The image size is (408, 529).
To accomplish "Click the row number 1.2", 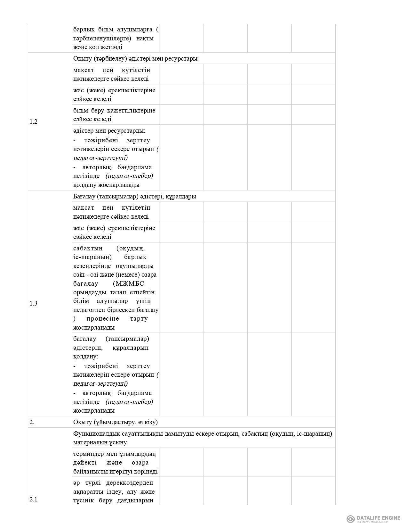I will [34, 122].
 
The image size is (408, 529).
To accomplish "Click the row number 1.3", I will [34, 303].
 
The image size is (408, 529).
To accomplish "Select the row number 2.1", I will [34, 499].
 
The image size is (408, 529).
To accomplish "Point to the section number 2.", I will [32, 422].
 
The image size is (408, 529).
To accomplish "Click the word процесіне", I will [103, 319].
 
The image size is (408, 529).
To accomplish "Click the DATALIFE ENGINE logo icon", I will [351, 519].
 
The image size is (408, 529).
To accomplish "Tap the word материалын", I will [90, 442].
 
